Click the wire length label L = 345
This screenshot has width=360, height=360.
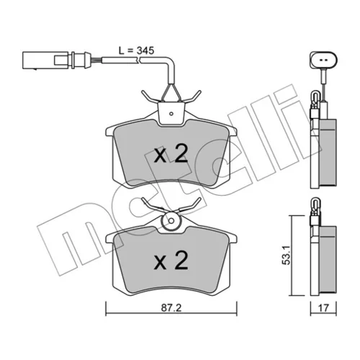136,50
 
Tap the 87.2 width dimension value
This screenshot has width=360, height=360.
171,308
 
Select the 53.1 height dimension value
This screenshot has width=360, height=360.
287,255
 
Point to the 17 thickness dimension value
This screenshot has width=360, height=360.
323,308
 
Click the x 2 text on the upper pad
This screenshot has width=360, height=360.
171,155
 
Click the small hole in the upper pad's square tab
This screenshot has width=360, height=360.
171,114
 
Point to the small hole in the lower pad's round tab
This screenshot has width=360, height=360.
171,220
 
